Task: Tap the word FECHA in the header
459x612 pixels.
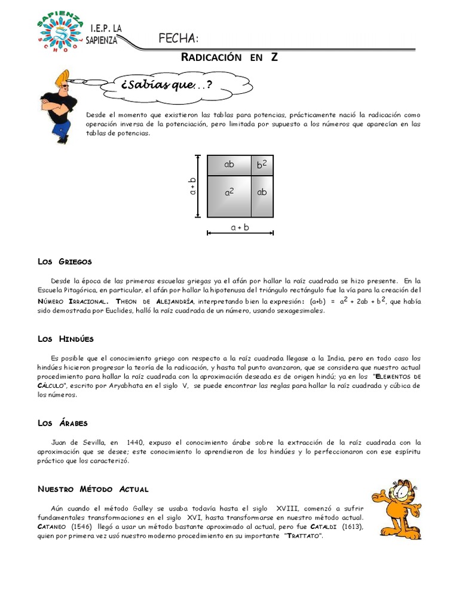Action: pos(178,39)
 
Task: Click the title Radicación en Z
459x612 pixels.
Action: pos(229,57)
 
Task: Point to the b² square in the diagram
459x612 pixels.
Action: pos(262,165)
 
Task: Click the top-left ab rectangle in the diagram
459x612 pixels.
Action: pos(229,164)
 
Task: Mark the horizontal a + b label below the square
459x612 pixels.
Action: pos(240,228)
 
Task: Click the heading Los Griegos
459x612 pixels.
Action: pos(65,262)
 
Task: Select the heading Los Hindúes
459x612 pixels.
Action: pos(66,339)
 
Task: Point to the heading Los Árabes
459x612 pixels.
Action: pos(63,423)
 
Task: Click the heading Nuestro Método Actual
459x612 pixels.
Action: pos(93,489)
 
